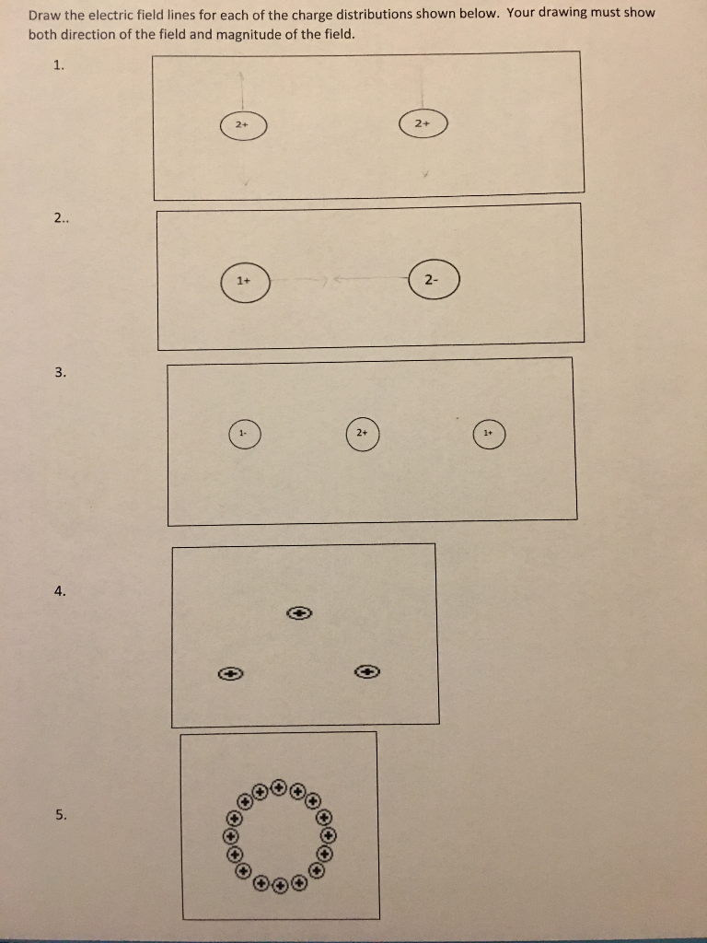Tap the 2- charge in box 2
coord(433,280)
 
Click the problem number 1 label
coord(59,64)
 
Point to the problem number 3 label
coord(60,372)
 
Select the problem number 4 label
coord(60,591)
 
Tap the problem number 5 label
coord(60,814)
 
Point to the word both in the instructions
coord(41,34)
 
